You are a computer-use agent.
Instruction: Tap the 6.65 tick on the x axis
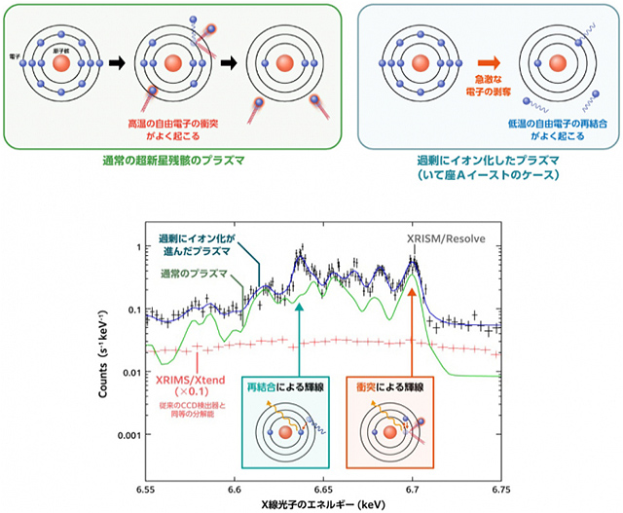click(x=324, y=483)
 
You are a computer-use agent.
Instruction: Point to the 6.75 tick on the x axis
click(x=502, y=483)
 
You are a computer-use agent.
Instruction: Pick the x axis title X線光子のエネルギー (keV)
click(x=324, y=501)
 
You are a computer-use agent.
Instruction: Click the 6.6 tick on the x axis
click(x=235, y=483)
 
